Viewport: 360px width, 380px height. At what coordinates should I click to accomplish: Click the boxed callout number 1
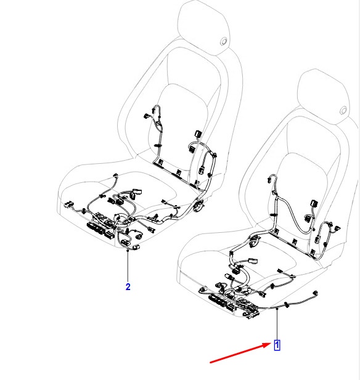tap(277, 345)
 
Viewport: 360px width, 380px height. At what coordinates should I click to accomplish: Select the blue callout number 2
tap(128, 287)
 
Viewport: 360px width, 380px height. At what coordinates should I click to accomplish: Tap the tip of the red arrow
tap(272, 344)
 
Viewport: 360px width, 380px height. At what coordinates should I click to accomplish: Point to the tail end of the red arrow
tap(210, 363)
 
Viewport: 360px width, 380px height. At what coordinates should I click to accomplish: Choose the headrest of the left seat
tap(204, 27)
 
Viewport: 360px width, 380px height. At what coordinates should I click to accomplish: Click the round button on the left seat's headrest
tap(224, 41)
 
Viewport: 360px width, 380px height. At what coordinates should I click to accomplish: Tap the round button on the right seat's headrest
tap(343, 110)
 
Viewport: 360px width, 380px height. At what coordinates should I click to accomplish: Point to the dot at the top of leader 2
tap(128, 250)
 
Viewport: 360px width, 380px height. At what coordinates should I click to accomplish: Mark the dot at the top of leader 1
tap(277, 309)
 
